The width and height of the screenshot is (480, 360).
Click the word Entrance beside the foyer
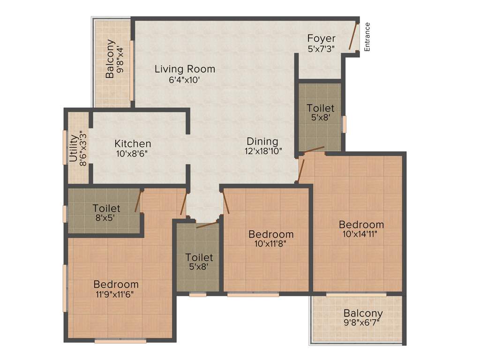(367, 37)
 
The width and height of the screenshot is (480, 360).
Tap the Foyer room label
(322, 38)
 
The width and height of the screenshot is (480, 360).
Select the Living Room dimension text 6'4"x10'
(185, 80)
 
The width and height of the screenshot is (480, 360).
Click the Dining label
(262, 141)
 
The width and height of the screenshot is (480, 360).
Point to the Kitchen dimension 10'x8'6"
(133, 153)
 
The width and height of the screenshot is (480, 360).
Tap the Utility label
(73, 149)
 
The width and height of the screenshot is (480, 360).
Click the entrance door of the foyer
(354, 37)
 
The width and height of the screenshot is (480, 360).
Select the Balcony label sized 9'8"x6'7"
(363, 313)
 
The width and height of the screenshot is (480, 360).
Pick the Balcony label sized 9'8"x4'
(110, 59)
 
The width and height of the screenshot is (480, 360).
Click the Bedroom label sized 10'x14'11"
(361, 224)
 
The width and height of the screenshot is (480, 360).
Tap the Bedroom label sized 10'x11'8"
(271, 234)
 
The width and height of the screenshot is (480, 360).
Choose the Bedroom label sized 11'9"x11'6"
(116, 284)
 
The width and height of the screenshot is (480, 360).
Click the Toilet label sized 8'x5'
(106, 208)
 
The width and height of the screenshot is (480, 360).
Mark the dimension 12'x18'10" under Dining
(262, 151)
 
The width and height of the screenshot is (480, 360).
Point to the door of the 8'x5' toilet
(138, 202)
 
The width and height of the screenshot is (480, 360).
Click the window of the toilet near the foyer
(344, 124)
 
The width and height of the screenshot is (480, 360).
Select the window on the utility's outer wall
(65, 147)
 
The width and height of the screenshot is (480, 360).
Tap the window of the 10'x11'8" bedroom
(253, 295)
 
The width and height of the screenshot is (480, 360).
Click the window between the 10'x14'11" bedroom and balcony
(356, 294)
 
